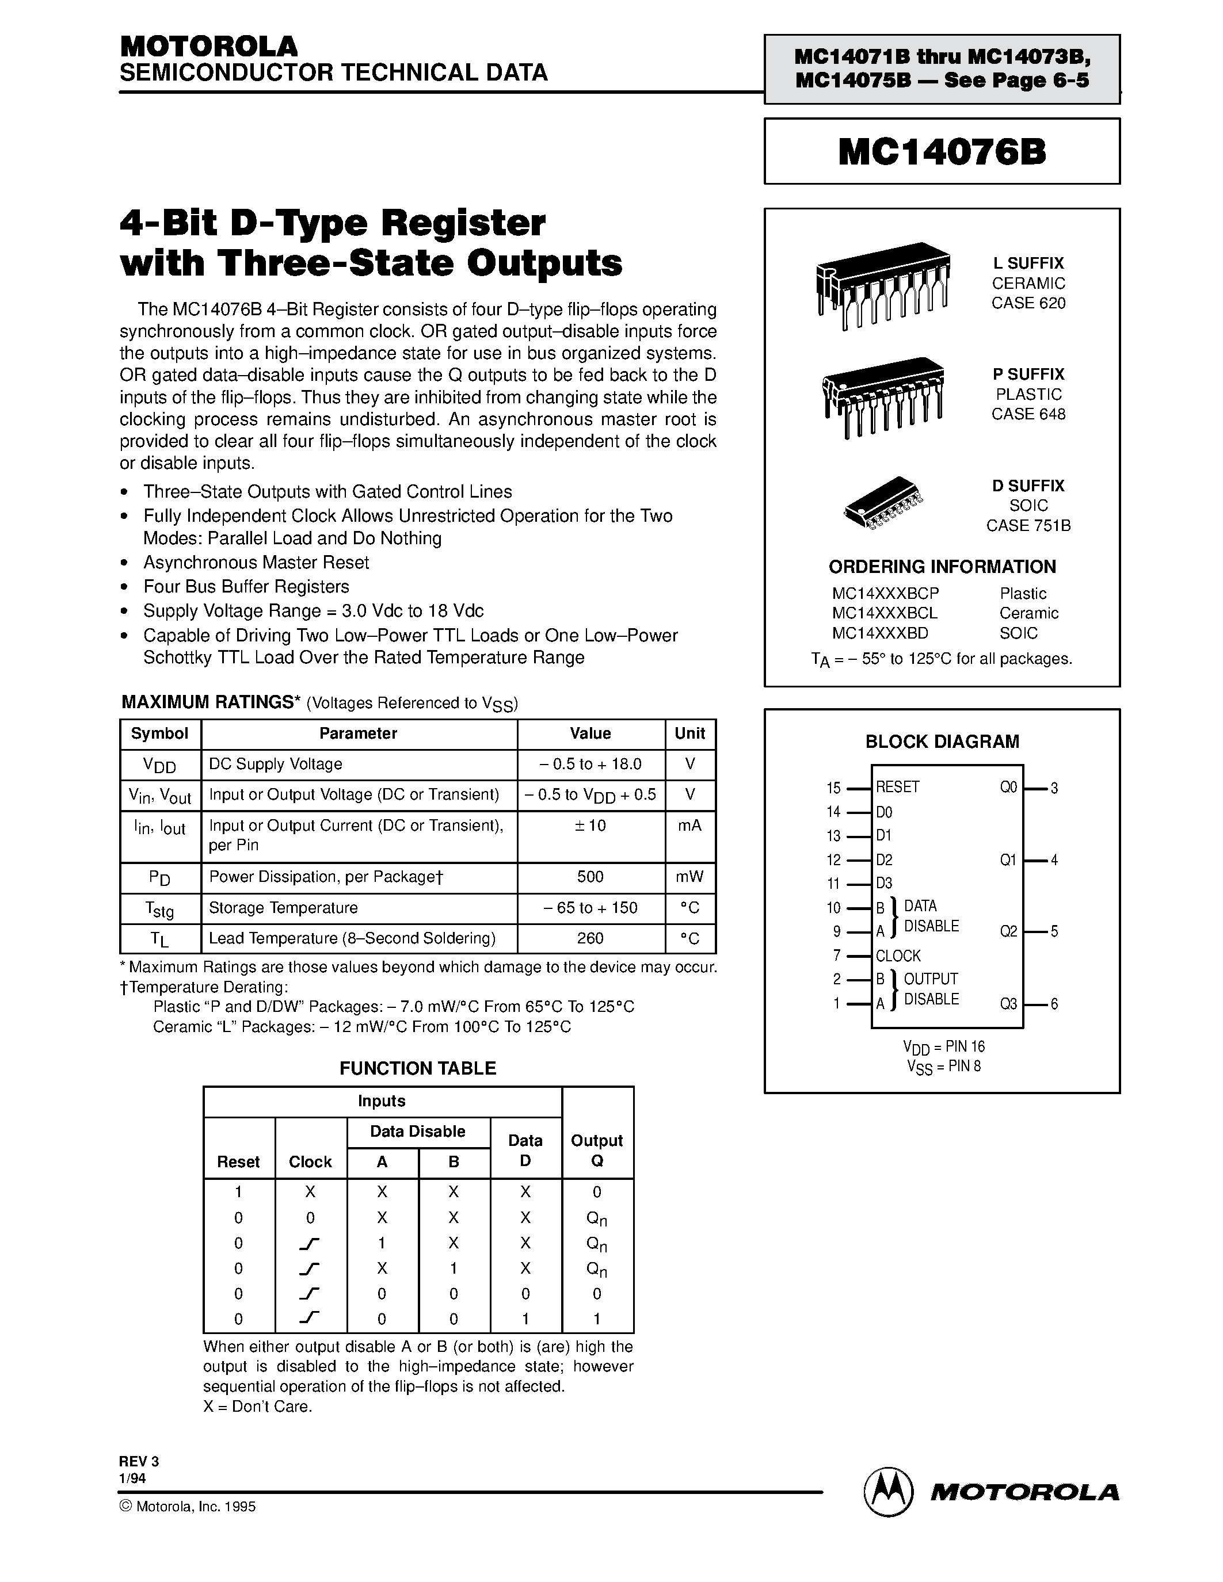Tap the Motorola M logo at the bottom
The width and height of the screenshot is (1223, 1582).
click(887, 1492)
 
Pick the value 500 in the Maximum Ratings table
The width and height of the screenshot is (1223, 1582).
click(590, 877)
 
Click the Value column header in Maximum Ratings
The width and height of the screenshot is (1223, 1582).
click(590, 733)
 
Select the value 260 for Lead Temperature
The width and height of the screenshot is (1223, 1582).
click(590, 938)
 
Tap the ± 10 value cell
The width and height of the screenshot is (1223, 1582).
click(590, 825)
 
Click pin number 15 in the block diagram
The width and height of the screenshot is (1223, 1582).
click(833, 788)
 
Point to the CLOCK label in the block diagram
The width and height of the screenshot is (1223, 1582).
click(898, 956)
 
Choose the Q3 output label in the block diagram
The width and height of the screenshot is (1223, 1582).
click(1008, 1003)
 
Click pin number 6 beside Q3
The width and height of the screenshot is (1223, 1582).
click(1054, 1004)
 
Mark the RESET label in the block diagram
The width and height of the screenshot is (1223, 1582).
click(897, 786)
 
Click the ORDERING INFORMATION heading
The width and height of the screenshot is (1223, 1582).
click(942, 567)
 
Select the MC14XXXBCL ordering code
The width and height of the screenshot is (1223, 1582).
click(885, 613)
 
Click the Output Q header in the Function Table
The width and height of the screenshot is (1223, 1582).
click(597, 1151)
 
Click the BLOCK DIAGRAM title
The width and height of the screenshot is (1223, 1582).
click(942, 741)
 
